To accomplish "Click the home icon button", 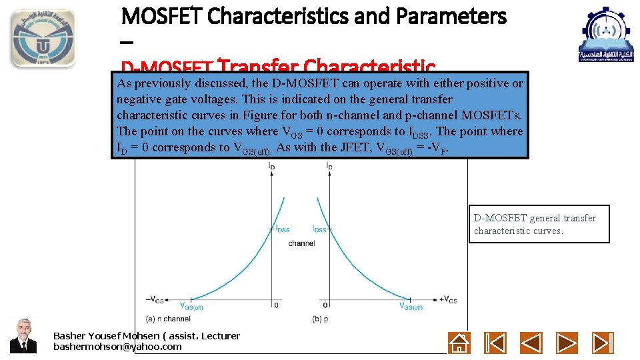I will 459,343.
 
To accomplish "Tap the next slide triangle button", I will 567,343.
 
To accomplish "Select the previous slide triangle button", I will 531,343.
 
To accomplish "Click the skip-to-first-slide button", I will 495,343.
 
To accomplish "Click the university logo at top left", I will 43,38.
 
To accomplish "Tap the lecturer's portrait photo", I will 23,335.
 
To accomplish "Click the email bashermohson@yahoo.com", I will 117,347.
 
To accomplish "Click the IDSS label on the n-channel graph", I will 282,229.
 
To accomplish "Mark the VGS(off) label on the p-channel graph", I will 411,307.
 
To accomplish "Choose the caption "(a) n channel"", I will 168,319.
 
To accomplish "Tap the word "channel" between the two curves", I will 301,243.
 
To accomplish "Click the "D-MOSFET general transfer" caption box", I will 539,224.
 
